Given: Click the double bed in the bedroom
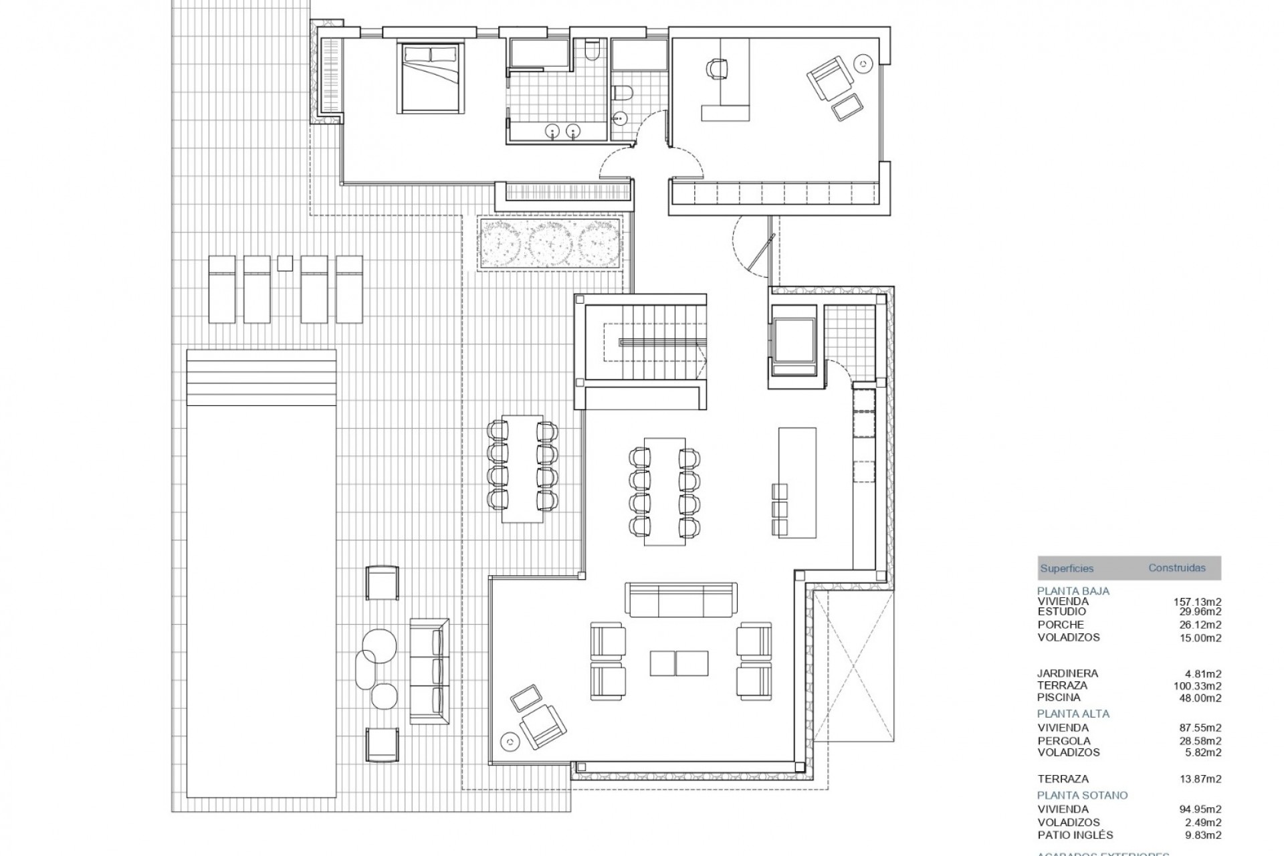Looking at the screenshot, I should tap(430, 78).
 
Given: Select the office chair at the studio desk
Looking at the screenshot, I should tap(716, 68).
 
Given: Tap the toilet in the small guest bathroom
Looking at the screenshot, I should tap(621, 94).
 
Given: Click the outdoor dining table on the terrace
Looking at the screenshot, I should tap(523, 469).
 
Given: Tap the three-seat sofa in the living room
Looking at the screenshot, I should tap(681, 599).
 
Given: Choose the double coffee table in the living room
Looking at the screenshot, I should tap(679, 662).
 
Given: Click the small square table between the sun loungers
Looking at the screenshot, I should tap(285, 263).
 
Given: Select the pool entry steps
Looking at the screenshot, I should tap(261, 378).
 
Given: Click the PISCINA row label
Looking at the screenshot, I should tap(1059, 698).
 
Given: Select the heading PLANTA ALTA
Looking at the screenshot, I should tap(1073, 714).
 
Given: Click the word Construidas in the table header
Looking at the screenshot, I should tap(1177, 568).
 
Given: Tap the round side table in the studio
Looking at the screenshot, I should tap(863, 64).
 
